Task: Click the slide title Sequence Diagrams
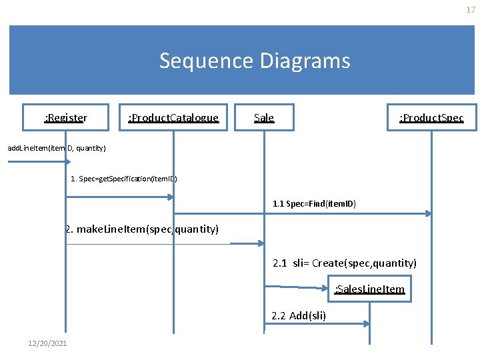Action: coord(255,61)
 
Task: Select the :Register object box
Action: coord(65,118)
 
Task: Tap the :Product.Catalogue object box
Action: coord(173,118)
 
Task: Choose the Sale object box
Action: coord(264,118)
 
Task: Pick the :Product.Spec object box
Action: coord(431,118)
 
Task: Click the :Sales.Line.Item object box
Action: coord(369,289)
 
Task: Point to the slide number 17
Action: coord(471,9)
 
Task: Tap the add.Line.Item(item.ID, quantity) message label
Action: coord(57,147)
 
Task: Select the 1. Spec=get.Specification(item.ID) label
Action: coord(124,179)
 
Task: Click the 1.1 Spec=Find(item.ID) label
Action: coord(314,203)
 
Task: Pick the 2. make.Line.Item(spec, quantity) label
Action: coord(142,229)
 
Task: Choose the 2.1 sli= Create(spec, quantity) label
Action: coord(345,263)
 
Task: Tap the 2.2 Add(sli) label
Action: coord(299,315)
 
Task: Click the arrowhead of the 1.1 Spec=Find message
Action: coord(428,213)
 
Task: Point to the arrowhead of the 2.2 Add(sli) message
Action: coord(366,323)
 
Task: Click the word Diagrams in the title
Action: coord(306,61)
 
